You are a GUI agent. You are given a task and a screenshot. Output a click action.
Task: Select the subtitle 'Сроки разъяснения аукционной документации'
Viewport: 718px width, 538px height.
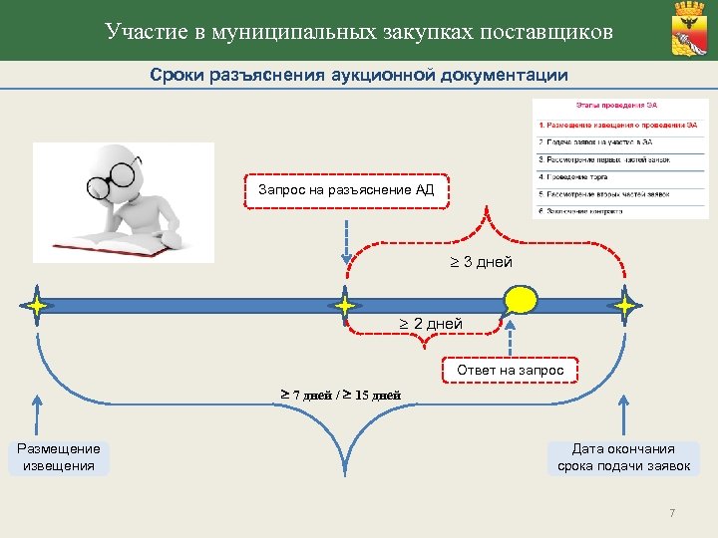[359, 75]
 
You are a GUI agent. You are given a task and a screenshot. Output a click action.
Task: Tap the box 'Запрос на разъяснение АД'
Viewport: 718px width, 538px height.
[345, 189]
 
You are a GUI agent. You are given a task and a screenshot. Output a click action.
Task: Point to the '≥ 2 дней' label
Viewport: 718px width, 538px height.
[431, 324]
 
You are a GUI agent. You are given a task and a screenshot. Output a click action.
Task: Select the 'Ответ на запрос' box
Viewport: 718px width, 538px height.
[510, 371]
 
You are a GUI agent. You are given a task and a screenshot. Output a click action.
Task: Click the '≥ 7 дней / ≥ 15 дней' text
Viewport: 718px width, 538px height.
[340, 395]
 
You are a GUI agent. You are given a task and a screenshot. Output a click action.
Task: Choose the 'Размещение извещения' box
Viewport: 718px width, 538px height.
[59, 457]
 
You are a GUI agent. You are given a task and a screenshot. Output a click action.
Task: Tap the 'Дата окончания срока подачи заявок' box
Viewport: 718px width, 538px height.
[623, 457]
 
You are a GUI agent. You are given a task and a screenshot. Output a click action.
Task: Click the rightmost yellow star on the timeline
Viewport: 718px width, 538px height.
[626, 305]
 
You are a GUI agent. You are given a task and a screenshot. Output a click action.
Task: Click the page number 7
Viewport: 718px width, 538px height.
[672, 513]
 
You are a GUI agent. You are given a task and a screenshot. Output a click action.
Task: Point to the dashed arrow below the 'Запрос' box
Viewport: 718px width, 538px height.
[345, 239]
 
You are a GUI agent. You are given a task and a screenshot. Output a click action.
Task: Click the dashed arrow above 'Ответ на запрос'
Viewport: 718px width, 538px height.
[510, 336]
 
